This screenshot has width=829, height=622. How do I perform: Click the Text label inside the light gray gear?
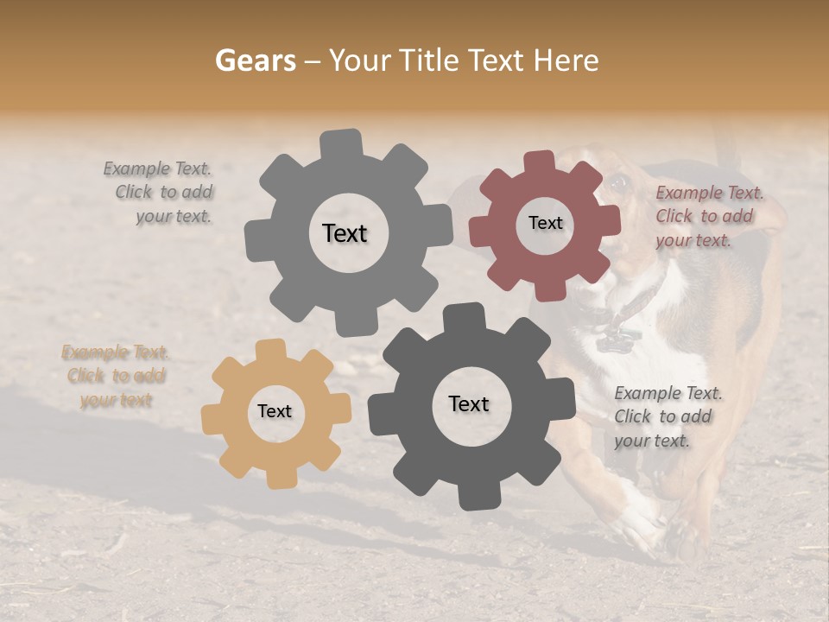click(345, 233)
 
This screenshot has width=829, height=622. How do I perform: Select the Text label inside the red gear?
click(545, 223)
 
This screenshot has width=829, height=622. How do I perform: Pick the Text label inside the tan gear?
click(275, 411)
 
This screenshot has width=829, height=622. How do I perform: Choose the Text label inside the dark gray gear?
click(469, 403)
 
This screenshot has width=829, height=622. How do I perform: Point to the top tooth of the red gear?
click(539, 162)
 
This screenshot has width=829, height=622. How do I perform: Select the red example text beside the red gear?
click(708, 217)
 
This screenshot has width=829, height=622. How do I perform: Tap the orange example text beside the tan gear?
click(116, 377)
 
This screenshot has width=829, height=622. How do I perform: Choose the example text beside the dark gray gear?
click(667, 416)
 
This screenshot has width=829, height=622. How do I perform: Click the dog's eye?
click(617, 183)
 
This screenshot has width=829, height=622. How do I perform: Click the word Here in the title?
click(566, 60)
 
